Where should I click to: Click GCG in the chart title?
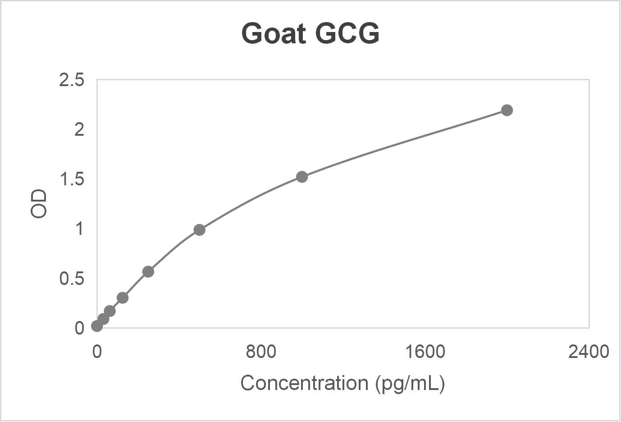(347, 33)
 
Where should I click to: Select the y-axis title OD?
(39, 204)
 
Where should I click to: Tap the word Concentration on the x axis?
(304, 383)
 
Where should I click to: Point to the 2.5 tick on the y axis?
(72, 80)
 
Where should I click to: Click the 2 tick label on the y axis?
(79, 130)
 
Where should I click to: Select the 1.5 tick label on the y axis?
(72, 179)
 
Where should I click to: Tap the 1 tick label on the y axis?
(79, 229)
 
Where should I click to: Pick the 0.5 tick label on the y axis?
(72, 279)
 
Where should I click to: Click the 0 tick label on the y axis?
(79, 328)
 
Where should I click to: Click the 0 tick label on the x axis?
(97, 352)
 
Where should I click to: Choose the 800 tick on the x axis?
(261, 352)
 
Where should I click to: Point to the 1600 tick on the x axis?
(425, 352)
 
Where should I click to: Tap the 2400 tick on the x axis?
(589, 352)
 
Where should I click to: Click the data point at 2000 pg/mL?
(507, 110)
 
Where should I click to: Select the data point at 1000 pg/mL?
(302, 177)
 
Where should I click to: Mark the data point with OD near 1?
(199, 230)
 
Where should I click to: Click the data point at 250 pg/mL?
(148, 272)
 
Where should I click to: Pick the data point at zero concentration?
(97, 326)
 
